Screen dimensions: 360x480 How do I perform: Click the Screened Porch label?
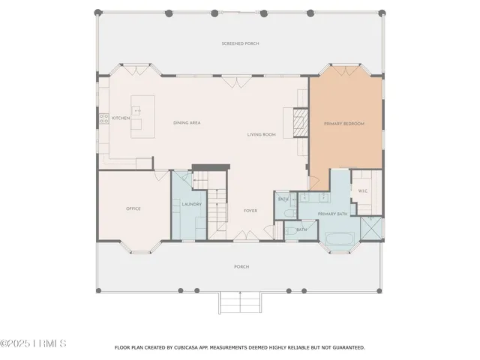click(241, 44)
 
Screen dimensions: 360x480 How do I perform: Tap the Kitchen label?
click(121, 118)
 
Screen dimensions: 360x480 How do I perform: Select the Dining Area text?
click(185, 123)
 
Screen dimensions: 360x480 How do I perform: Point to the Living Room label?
click(262, 135)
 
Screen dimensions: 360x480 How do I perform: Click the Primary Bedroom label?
click(343, 123)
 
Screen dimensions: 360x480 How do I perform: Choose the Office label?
click(133, 208)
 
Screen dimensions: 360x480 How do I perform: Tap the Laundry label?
click(192, 203)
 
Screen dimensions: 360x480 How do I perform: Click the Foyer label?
click(250, 211)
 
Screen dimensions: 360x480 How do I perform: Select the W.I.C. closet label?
click(362, 191)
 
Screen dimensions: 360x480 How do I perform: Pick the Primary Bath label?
click(331, 214)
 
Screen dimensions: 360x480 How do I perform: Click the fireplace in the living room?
click(299, 121)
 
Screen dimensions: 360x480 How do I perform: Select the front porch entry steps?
click(239, 303)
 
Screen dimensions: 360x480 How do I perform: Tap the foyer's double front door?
click(245, 238)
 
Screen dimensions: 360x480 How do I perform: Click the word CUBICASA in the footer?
click(184, 348)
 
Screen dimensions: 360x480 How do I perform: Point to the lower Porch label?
click(241, 267)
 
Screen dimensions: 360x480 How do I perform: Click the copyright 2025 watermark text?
click(34, 344)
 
